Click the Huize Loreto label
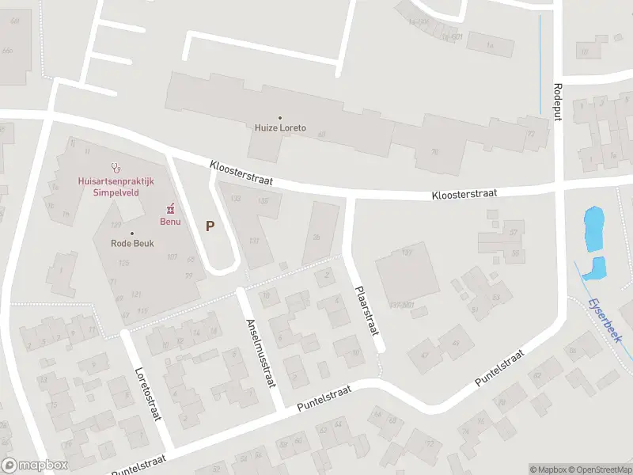[280, 127]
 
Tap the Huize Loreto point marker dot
[280, 118]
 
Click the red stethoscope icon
[116, 168]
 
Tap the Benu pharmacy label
[171, 221]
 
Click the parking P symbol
[210, 226]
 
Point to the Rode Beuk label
[132, 243]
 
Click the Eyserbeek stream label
[605, 321]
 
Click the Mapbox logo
[35, 465]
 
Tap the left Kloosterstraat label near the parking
[241, 173]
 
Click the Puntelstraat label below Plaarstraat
[323, 399]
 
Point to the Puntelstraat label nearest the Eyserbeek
[500, 369]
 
